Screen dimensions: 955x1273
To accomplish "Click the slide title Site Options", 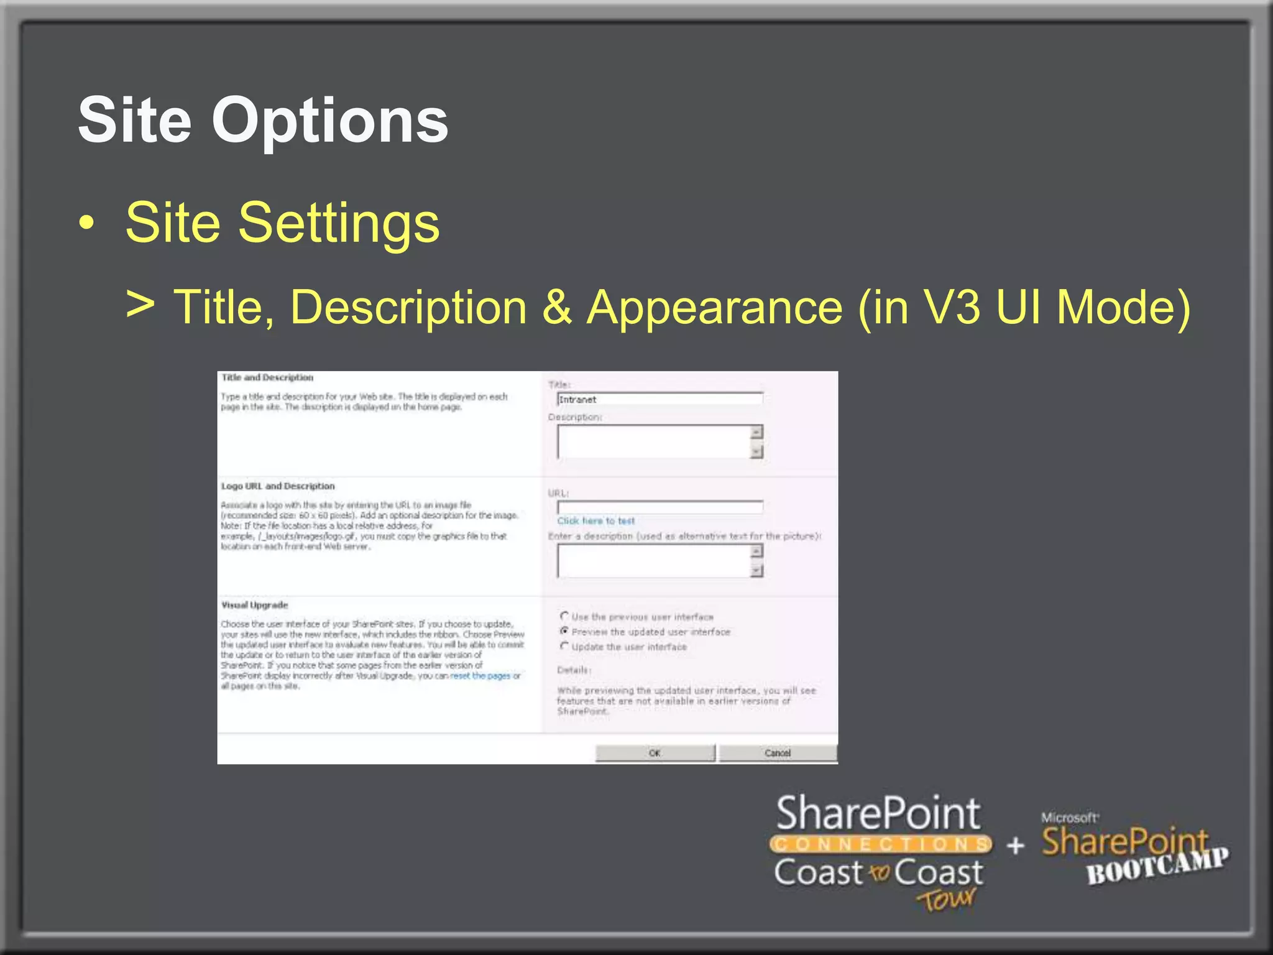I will pos(263,120).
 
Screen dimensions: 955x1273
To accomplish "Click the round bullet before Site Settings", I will pos(88,223).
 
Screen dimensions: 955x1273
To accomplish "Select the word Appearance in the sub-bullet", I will pos(714,307).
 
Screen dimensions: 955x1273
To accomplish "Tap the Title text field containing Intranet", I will pos(659,399).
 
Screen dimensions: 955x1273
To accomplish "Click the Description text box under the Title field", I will pos(654,442).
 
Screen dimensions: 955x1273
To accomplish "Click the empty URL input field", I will pos(659,507).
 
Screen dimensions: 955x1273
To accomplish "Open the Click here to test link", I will pos(595,521).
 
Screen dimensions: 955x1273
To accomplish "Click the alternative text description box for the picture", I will pos(654,561).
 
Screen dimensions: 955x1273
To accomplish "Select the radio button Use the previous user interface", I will pos(564,616).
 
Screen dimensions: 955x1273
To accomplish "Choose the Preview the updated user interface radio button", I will pos(564,631).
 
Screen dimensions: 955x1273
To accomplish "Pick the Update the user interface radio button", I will pos(564,646).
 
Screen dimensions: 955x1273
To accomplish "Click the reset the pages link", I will pos(480,676).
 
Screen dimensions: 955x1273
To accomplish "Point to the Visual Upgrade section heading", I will pos(255,605).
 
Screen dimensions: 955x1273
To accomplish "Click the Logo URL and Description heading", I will pos(278,486).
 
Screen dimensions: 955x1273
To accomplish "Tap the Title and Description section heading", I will pos(267,377).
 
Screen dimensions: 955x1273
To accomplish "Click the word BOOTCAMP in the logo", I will pos(1157,867).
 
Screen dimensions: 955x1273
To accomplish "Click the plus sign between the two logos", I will pos(1015,846).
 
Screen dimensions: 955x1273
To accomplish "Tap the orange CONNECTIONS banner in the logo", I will pos(880,844).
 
